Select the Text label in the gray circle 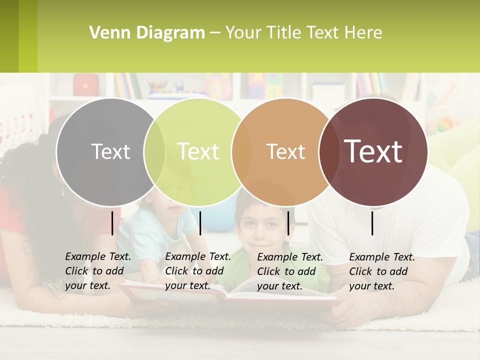pos(110,151)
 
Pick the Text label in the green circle pos(198,151)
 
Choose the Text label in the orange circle pos(285,151)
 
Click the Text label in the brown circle pos(373,151)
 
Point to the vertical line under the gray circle pos(112,223)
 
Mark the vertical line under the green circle pos(200,223)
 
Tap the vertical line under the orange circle pos(288,223)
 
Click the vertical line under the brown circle pos(372,223)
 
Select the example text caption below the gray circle pos(97,271)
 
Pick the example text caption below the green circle pos(197,271)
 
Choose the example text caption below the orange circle pos(289,271)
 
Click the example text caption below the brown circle pos(381,271)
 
